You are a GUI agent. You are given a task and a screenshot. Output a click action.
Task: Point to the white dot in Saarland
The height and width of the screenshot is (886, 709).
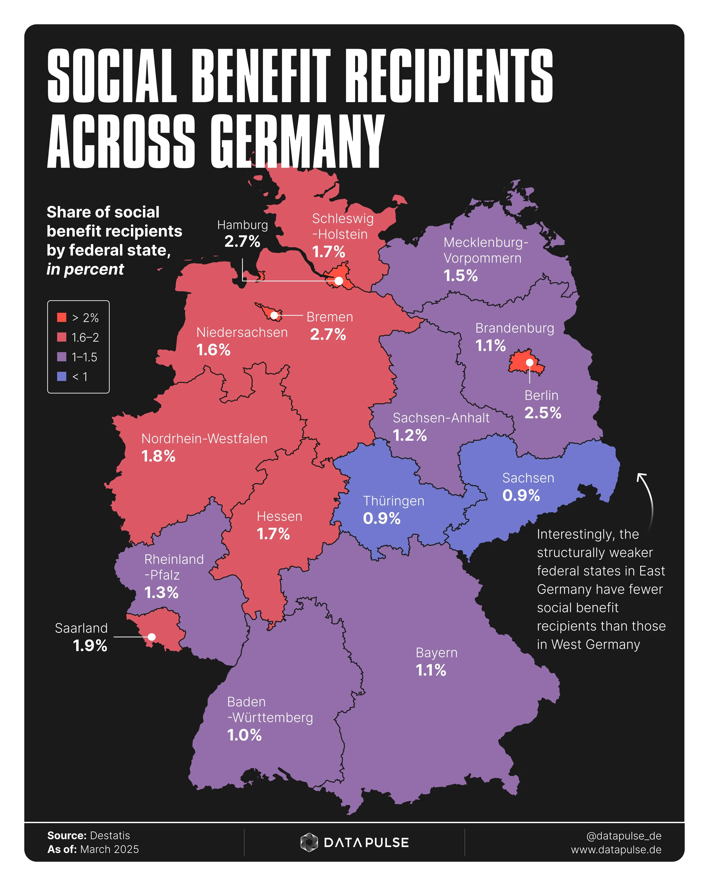[152, 637]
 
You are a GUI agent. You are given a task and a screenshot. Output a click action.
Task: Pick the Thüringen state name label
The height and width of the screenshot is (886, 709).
[393, 501]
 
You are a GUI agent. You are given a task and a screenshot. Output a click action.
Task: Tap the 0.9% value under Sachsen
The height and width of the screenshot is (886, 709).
[521, 496]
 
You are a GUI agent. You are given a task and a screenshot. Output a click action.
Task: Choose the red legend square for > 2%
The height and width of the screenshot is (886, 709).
[62, 317]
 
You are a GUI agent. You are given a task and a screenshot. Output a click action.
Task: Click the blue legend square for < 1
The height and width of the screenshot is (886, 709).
[62, 376]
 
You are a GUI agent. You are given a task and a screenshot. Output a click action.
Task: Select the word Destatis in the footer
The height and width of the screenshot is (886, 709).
[110, 835]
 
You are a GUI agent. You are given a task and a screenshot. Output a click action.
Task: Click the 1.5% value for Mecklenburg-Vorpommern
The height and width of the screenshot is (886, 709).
[460, 276]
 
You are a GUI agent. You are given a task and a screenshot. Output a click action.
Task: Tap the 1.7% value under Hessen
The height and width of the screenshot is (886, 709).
[273, 534]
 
